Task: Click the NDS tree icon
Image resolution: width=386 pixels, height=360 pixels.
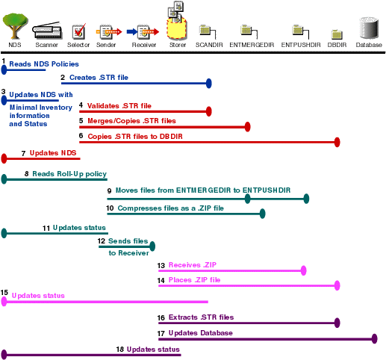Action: [14, 29]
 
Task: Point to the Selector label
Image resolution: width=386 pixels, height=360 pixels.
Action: [78, 46]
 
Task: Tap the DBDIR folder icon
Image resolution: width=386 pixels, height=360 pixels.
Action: [337, 34]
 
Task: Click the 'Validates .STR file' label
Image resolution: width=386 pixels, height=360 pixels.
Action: [119, 105]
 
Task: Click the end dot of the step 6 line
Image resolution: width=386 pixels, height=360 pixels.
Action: [337, 142]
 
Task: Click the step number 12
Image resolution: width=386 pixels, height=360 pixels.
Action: [101, 241]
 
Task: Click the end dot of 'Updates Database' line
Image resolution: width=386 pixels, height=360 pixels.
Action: [375, 339]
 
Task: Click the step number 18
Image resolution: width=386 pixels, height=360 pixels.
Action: [119, 349]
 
